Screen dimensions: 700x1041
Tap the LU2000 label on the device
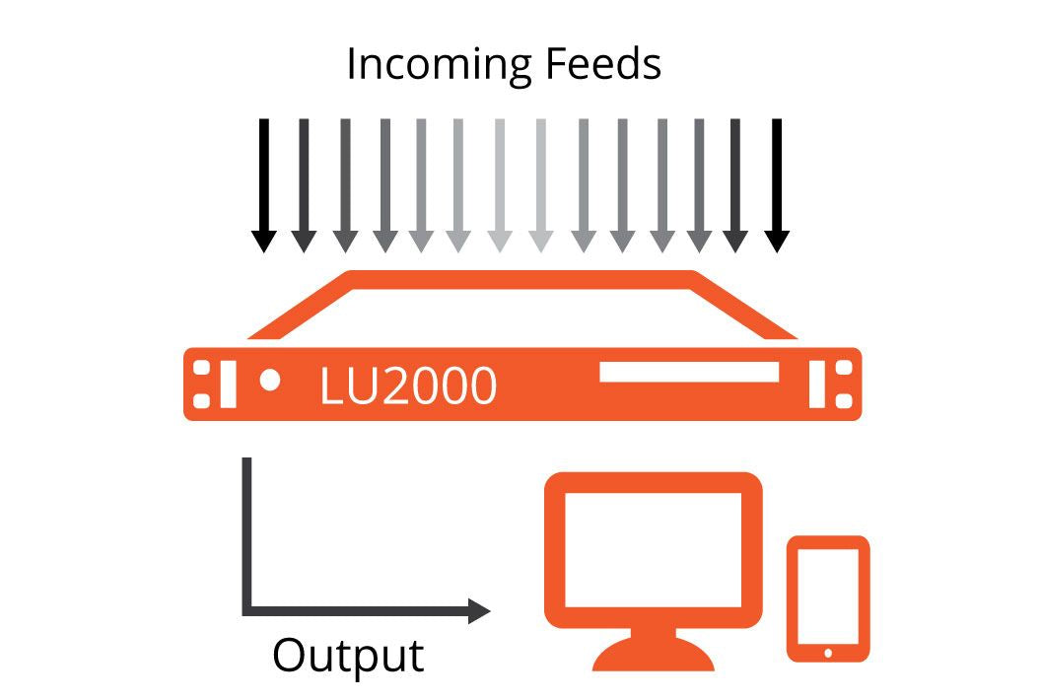[x=407, y=385]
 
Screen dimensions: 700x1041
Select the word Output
[x=348, y=656]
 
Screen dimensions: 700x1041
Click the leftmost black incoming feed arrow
[x=262, y=183]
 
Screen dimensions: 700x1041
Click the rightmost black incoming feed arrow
[x=777, y=183]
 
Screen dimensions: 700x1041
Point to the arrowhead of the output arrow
[x=478, y=611]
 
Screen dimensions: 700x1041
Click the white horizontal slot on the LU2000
[x=689, y=373]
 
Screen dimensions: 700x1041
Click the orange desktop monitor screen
[x=653, y=548]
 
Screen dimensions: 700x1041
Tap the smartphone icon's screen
[x=828, y=594]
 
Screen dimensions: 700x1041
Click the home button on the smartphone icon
[x=828, y=652]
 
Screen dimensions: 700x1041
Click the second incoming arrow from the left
[x=304, y=183]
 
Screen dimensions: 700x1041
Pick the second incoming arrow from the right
[x=735, y=183]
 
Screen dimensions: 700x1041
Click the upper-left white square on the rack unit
[x=201, y=369]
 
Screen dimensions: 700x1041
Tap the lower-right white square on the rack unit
[x=844, y=400]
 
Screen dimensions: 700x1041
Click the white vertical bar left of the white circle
[x=229, y=385]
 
